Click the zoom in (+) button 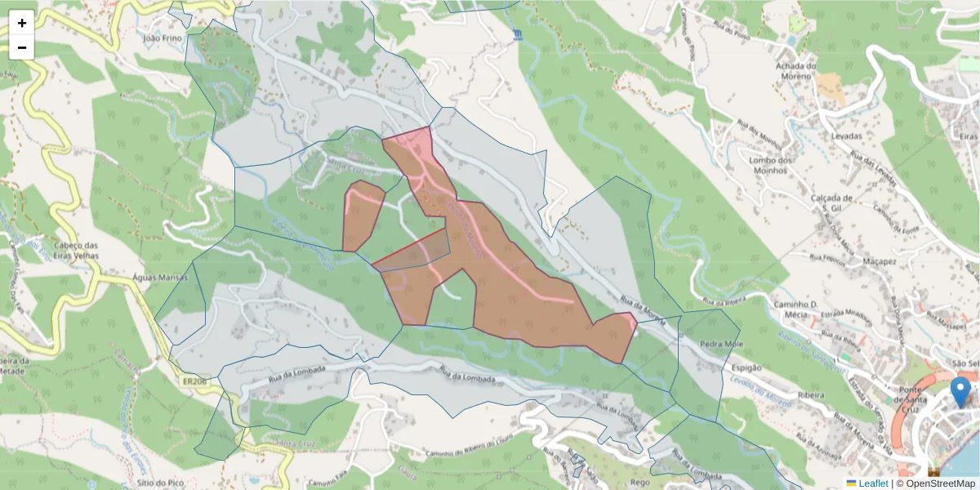click(x=22, y=23)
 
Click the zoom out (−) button click(x=22, y=47)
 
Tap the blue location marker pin click(x=962, y=391)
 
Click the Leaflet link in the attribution click(x=872, y=483)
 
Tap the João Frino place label click(x=160, y=38)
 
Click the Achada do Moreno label click(x=795, y=71)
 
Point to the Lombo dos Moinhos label click(x=770, y=166)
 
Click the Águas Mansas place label click(x=159, y=278)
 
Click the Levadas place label click(x=848, y=136)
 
